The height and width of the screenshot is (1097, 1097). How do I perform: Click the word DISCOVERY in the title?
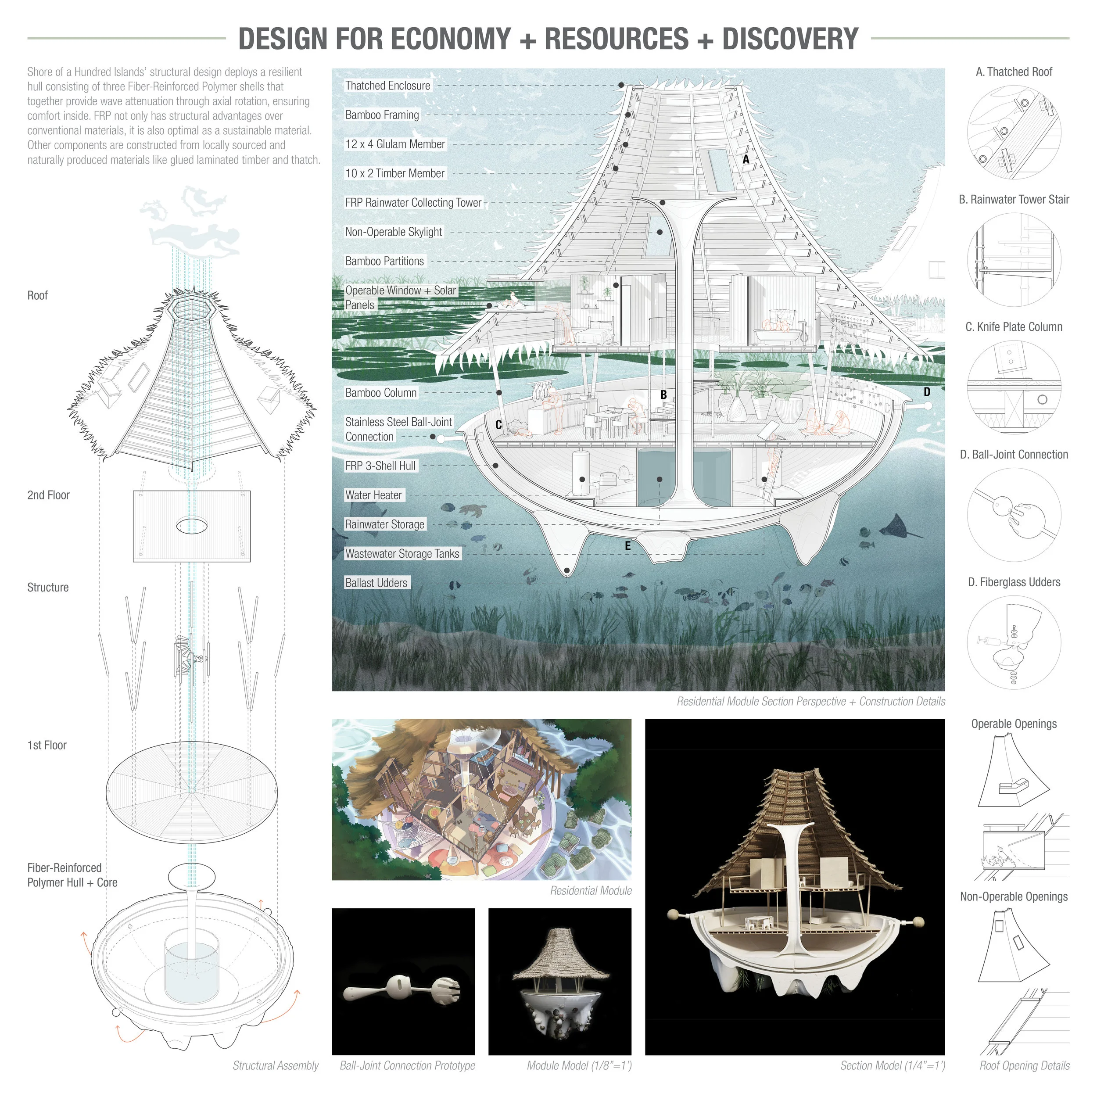790,39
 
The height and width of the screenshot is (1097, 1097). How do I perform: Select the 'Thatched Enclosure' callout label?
388,86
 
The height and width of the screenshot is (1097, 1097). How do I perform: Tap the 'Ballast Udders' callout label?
376,583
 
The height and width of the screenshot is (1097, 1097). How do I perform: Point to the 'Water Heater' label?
373,495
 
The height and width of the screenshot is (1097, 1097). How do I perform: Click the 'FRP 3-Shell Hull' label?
380,466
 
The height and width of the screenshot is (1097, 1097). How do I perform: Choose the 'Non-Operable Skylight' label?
394,232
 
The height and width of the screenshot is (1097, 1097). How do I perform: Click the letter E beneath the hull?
627,546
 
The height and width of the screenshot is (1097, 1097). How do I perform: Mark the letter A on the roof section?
746,160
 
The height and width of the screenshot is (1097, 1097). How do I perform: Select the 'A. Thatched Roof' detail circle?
1014,133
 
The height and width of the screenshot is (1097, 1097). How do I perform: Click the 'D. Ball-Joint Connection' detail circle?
1014,515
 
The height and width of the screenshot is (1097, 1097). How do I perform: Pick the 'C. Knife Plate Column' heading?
1014,327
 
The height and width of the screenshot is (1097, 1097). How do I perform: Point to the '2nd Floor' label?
48,495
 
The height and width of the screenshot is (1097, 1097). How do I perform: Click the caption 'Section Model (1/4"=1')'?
893,1066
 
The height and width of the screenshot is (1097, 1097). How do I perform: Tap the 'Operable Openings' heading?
1014,724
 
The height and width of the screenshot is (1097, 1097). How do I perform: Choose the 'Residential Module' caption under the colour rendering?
591,891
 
